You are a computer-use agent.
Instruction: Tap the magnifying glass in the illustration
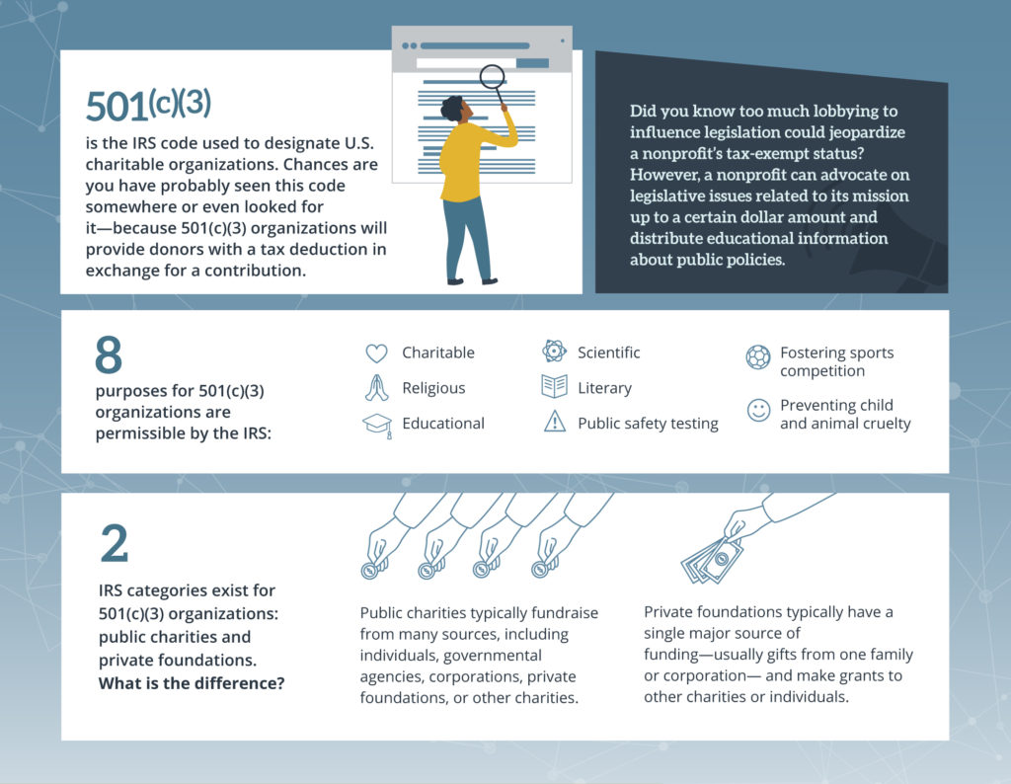click(492, 78)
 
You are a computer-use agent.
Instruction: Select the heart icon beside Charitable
click(376, 353)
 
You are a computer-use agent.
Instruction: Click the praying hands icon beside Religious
click(376, 388)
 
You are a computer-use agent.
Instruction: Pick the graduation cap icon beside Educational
click(376, 424)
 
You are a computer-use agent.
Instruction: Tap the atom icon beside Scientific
click(554, 352)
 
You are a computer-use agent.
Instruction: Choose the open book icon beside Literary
click(554, 387)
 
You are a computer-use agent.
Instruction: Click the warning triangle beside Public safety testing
click(554, 423)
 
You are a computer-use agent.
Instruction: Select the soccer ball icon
click(758, 357)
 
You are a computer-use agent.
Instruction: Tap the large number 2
click(114, 544)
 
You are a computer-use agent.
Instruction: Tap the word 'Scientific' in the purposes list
click(608, 353)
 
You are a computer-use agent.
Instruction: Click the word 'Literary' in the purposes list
click(604, 388)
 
